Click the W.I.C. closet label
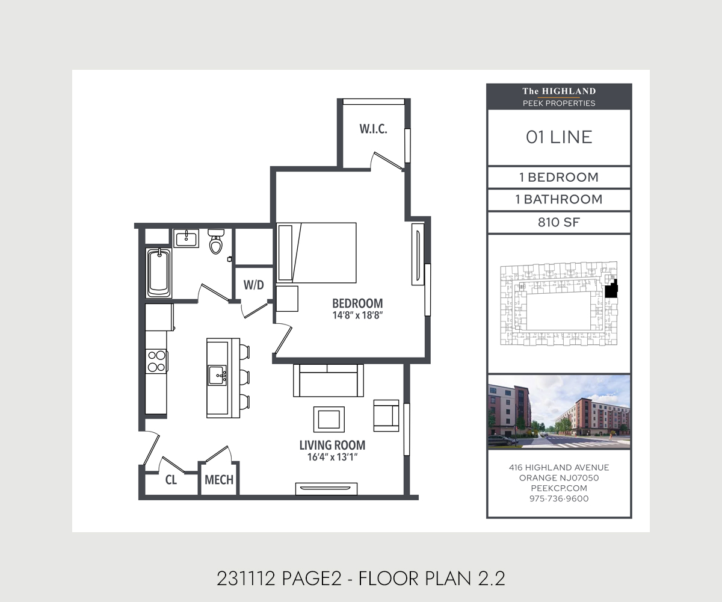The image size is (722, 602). pos(373,129)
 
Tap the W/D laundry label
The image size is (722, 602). pos(253,285)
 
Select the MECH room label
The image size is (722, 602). pos(219,480)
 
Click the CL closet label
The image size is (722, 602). pos(171,480)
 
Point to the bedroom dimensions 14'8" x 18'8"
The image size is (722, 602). pos(357,315)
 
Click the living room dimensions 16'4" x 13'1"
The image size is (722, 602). pos(332,458)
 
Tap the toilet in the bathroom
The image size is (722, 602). pos(216,241)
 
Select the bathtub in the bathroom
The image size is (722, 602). pos(159,273)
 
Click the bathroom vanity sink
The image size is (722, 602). pos(186,238)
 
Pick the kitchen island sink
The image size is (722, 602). pos(217,376)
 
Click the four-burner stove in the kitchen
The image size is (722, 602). pos(156,361)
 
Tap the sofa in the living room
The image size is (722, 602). pos(328,380)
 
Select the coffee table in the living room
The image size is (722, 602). pos(329,420)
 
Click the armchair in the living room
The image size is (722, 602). pos(386,415)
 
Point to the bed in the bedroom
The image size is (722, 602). pos(316,253)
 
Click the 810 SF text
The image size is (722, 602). pos(559,222)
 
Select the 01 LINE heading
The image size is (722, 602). pos(559,137)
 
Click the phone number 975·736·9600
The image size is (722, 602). pos(559,498)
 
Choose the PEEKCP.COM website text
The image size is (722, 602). pos(559,488)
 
